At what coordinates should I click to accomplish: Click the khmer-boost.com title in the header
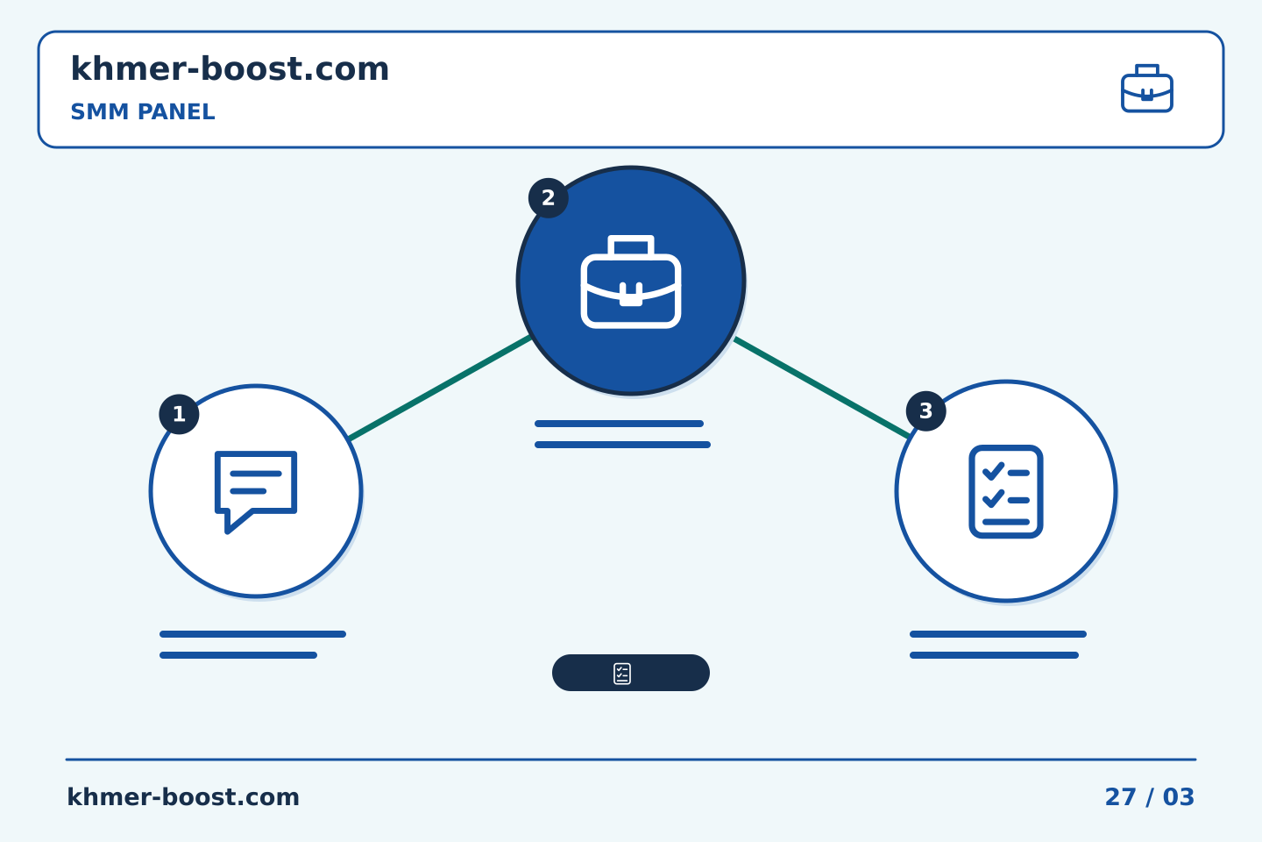point(230,68)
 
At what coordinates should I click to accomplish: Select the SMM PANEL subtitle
point(143,112)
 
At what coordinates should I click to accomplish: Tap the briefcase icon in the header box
point(1147,89)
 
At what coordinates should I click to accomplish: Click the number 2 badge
point(549,198)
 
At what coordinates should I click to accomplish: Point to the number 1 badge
point(179,414)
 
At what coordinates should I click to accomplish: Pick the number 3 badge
point(926,411)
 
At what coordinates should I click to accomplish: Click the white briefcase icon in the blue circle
point(631,282)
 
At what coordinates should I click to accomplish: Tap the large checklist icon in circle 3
point(1006,492)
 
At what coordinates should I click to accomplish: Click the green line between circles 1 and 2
point(440,388)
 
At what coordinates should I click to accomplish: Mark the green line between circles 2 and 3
point(822,388)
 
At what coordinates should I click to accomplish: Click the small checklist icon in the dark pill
point(622,674)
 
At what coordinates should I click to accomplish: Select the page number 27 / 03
point(1149,797)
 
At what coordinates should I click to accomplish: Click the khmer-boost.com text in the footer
point(183,797)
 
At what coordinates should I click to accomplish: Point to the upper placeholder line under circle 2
point(619,424)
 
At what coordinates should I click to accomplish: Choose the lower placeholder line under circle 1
point(238,655)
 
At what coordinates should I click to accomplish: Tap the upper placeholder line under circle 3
point(998,634)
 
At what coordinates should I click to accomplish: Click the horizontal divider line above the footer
point(631,760)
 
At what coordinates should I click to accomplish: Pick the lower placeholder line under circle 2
point(622,445)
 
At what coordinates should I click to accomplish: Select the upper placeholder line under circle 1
point(253,634)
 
